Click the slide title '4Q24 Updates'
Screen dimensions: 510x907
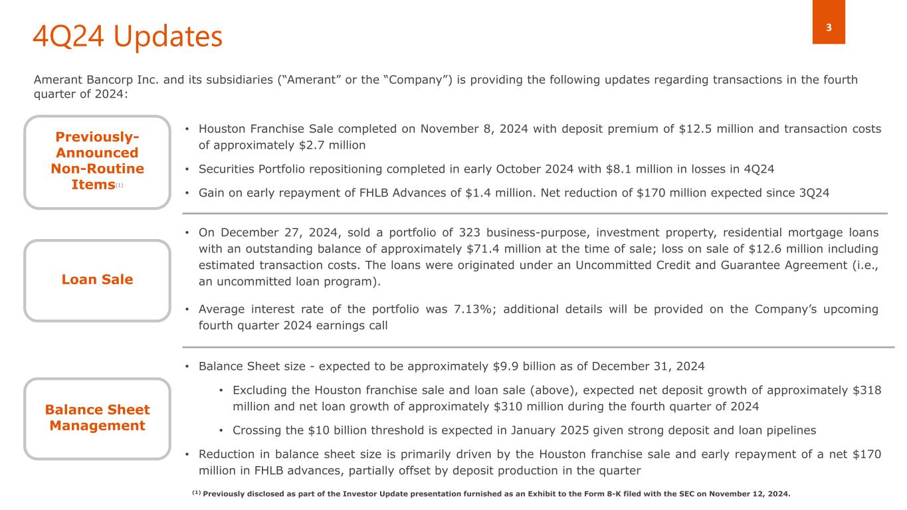tap(127, 38)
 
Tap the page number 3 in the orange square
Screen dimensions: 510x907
tap(829, 28)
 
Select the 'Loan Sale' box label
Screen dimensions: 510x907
tap(98, 280)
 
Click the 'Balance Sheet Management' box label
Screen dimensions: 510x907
tap(98, 418)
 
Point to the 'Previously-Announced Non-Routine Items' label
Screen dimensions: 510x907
tap(98, 161)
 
